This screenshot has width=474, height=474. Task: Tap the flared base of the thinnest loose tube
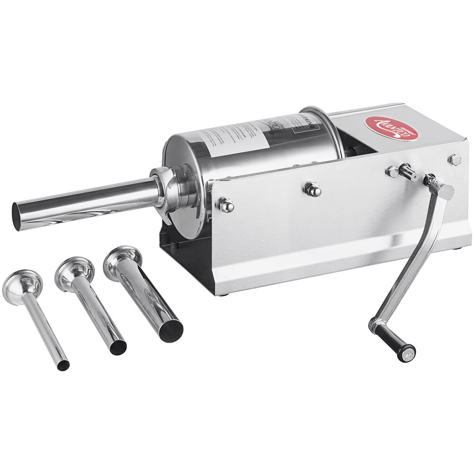pyautogui.click(x=22, y=285)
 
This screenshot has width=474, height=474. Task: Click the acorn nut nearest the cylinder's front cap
pyautogui.click(x=225, y=205)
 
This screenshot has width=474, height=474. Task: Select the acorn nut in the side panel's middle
pyautogui.click(x=312, y=189)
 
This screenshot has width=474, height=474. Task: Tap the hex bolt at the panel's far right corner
pyautogui.click(x=455, y=160)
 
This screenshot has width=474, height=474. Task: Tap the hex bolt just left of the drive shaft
pyautogui.click(x=392, y=172)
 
